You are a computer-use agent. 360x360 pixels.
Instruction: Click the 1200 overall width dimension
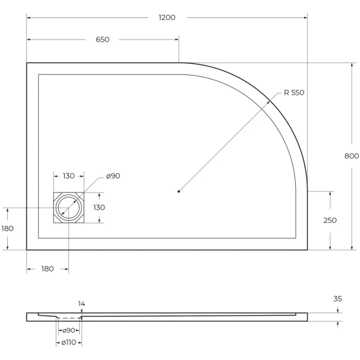click(167, 17)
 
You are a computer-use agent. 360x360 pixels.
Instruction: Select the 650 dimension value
click(102, 40)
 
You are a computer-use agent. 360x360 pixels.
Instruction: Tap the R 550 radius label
click(294, 92)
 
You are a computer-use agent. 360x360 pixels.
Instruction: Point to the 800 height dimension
click(352, 156)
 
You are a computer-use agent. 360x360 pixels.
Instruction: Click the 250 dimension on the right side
click(330, 220)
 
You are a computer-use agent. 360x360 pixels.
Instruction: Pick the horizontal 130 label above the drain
click(68, 176)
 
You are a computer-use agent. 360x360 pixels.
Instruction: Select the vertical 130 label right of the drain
click(98, 207)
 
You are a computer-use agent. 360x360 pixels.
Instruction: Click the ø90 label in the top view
click(113, 176)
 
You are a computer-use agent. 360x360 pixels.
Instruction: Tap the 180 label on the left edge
click(7, 229)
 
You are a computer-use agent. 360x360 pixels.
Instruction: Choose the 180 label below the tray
click(47, 269)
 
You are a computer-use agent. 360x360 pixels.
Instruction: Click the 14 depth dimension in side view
click(81, 304)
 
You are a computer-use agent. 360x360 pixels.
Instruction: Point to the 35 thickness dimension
click(337, 298)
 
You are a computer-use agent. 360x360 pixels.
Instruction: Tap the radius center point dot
click(179, 191)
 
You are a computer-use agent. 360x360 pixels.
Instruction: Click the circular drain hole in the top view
click(68, 208)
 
